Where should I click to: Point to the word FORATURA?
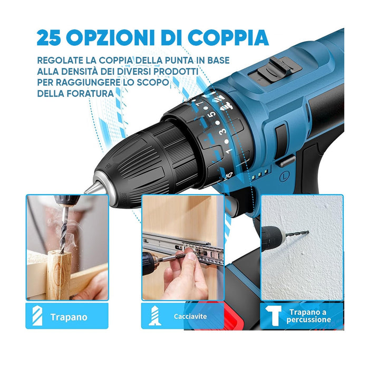click(95, 93)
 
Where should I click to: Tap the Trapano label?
click(69, 317)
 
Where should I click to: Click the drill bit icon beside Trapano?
click(37, 316)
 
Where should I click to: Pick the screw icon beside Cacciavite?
click(153, 317)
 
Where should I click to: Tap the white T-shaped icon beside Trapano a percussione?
click(275, 316)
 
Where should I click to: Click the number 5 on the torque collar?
click(211, 115)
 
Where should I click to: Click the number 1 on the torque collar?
click(229, 152)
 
